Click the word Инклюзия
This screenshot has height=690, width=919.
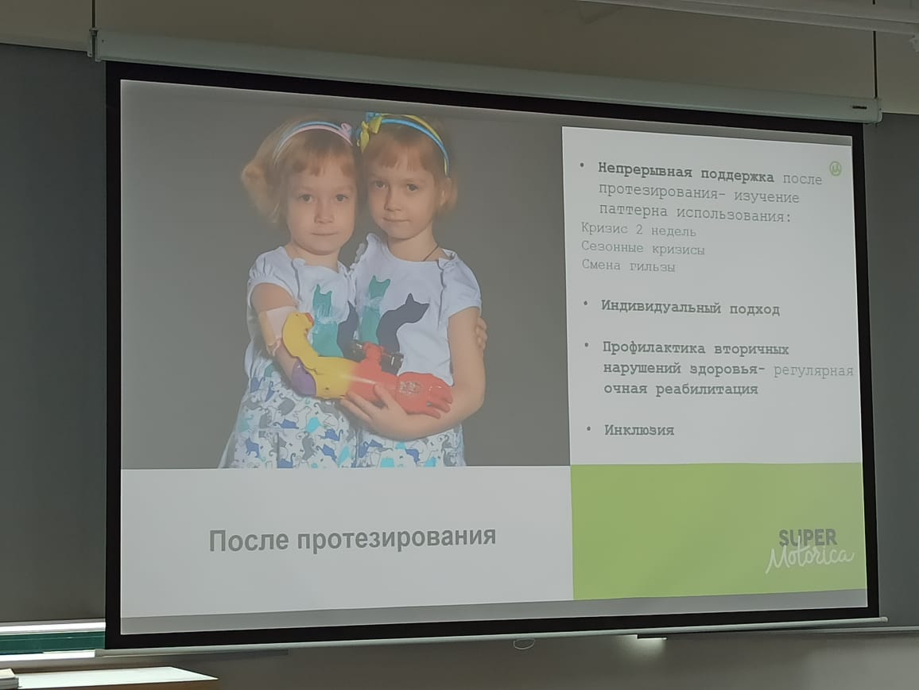pos(639,430)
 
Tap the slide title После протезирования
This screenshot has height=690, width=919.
pos(352,539)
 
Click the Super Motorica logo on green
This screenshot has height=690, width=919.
pos(809,550)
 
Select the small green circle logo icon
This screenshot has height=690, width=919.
pos(836,169)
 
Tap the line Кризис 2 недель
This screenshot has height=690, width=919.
pos(638,230)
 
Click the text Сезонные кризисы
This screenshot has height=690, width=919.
pos(642,248)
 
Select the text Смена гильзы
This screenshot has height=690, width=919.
pos(628,266)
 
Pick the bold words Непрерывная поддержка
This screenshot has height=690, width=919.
pos(685,173)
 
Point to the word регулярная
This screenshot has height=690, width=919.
pos(813,370)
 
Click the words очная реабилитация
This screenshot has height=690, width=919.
pos(681,389)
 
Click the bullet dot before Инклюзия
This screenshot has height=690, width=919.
pos(588,429)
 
